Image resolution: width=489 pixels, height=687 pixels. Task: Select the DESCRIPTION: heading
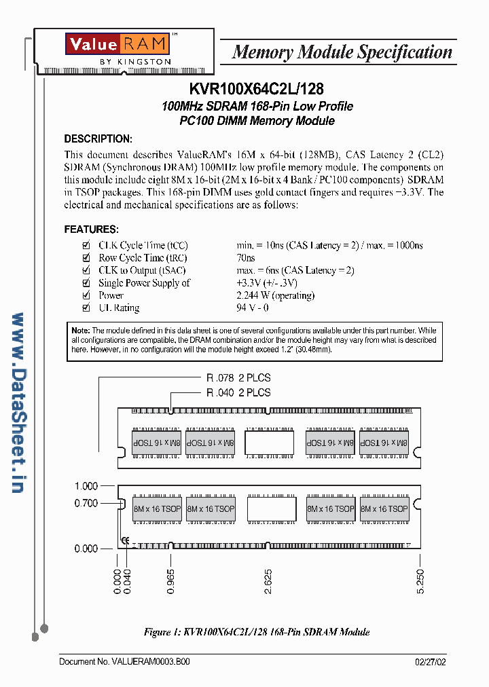98,139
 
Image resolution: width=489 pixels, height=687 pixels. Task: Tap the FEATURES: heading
91,229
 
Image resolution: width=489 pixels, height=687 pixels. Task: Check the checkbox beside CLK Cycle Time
86,245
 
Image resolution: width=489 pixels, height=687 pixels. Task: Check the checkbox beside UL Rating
86,308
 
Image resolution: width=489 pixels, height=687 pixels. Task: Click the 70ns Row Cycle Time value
246,258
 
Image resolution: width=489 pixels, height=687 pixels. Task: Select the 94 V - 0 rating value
253,308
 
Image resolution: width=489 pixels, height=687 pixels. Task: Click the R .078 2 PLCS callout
238,378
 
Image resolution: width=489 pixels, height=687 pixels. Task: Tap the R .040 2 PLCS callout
238,392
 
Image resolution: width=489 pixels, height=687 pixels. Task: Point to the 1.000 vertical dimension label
86,486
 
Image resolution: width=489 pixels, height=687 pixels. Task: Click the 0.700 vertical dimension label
86,503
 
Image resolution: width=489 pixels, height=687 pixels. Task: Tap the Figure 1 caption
257,632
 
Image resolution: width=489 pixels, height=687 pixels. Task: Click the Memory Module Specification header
342,52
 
